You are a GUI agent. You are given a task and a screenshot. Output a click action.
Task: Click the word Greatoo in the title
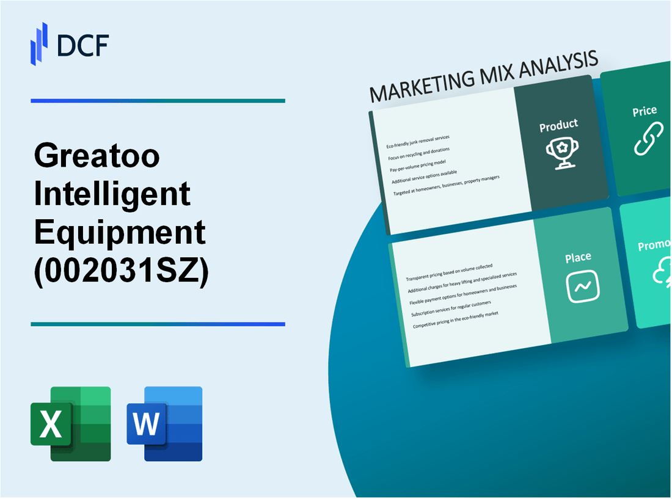[x=97, y=157]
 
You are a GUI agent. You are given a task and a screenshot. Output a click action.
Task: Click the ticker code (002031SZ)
[x=122, y=271]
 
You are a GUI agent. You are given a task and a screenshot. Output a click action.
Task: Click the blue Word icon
[x=165, y=423]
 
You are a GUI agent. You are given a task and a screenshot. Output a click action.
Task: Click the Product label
[x=558, y=126]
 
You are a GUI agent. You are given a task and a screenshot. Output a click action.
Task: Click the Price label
[x=645, y=111]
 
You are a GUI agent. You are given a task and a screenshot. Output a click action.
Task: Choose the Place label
[x=577, y=258]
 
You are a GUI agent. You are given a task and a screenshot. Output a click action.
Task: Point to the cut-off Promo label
[x=654, y=246]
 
